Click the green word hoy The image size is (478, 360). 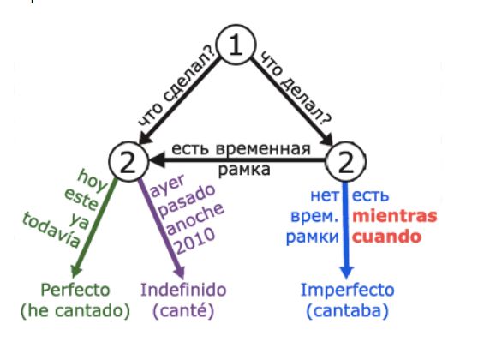tap(92, 181)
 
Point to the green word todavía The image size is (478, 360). tap(51, 230)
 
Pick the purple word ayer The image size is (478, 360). tap(168, 185)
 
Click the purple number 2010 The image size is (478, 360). tap(195, 242)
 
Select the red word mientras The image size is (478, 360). tap(395, 216)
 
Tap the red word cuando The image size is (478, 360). tap(386, 237)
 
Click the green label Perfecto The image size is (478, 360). tap(75, 290)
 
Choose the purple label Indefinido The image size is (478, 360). tap(183, 290)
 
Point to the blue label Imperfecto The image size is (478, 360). tap(348, 290)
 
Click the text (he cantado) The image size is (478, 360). tap(75, 311)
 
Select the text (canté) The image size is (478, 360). tap(183, 311)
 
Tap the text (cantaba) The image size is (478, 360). tap(348, 311)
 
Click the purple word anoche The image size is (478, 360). tap(195, 219)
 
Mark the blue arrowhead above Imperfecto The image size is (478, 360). tap(346, 273)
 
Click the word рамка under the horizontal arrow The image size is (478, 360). tap(244, 170)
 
